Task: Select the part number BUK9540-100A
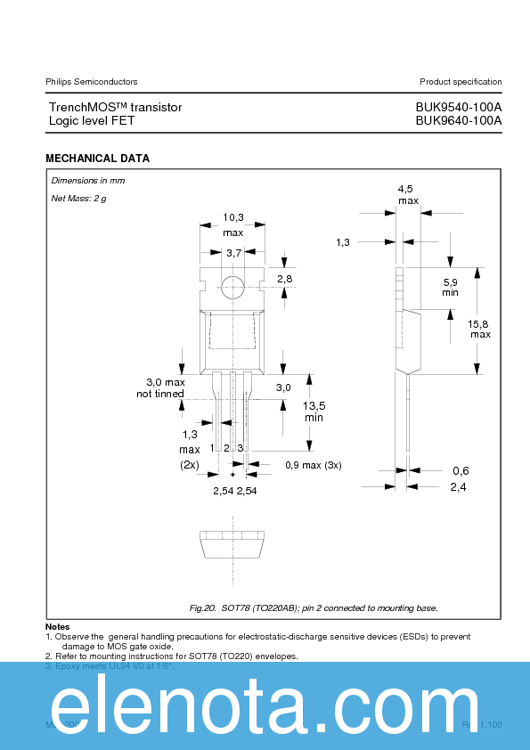458,107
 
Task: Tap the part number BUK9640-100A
458,120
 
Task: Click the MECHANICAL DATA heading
97,159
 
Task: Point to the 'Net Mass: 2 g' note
78,198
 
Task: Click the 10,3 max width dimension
232,224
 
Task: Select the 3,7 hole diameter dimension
233,254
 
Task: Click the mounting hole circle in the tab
232,287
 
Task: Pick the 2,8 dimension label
285,280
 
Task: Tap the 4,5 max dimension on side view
407,195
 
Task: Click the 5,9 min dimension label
451,287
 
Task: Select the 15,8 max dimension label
480,329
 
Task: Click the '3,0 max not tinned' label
160,387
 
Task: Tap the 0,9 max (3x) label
313,465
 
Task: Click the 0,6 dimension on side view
460,470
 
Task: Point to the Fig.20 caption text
314,607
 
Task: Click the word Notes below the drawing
57,627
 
